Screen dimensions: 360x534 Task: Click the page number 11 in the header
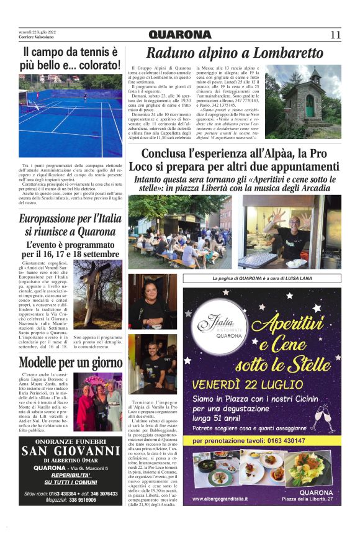pyautogui.click(x=335, y=34)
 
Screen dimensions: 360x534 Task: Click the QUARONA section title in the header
pyautogui.click(x=180, y=35)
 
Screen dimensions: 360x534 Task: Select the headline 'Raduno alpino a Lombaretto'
pyautogui.click(x=235, y=52)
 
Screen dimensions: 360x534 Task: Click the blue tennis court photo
pyautogui.click(x=70, y=115)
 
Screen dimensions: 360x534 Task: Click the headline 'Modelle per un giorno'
pyautogui.click(x=70, y=363)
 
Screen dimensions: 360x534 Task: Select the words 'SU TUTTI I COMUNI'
pyautogui.click(x=70, y=482)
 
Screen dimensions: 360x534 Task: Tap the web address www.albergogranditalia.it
pyautogui.click(x=225, y=499)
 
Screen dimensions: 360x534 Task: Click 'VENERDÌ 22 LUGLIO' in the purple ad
pyautogui.click(x=248, y=384)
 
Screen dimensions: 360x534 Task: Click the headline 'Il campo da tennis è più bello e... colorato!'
pyautogui.click(x=70, y=58)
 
